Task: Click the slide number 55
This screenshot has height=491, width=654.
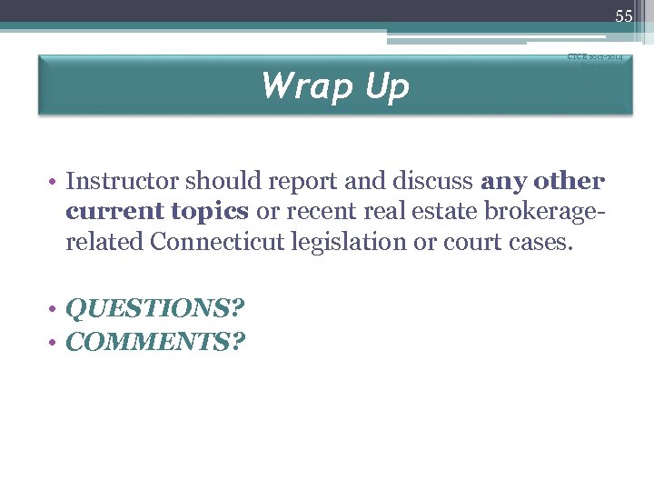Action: pos(623,15)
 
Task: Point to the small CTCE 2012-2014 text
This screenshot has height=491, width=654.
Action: pos(594,56)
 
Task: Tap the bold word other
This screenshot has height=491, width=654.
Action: pos(569,181)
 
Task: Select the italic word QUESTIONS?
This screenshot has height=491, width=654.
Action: pos(155,308)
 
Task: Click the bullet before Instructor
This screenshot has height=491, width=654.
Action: pos(54,182)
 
